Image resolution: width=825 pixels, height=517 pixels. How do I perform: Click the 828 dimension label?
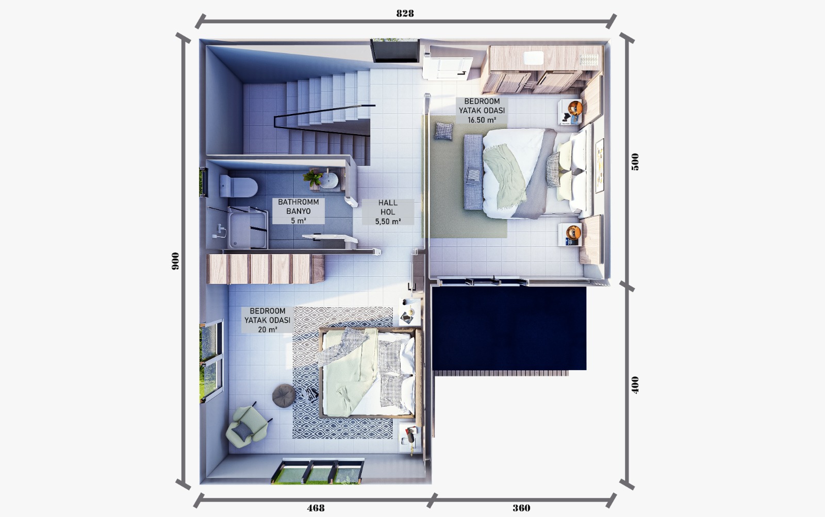pyautogui.click(x=405, y=13)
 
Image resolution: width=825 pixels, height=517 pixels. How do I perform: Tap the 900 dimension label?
pyautogui.click(x=175, y=261)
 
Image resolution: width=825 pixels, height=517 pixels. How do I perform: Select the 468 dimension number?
pyautogui.click(x=316, y=508)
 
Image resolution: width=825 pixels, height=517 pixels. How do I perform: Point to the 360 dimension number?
pyautogui.click(x=521, y=508)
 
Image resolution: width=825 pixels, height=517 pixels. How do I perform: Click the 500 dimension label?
pyautogui.click(x=635, y=162)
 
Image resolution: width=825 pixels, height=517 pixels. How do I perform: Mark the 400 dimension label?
pyautogui.click(x=635, y=385)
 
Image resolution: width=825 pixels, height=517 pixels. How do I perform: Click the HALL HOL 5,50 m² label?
pyautogui.click(x=388, y=212)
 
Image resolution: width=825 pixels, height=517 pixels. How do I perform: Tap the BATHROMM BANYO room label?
pyautogui.click(x=299, y=211)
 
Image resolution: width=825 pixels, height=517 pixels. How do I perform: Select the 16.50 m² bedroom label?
pyautogui.click(x=482, y=110)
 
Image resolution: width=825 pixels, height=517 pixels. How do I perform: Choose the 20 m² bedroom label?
pyautogui.click(x=268, y=320)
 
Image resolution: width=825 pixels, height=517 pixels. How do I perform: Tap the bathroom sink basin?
pyautogui.click(x=328, y=180)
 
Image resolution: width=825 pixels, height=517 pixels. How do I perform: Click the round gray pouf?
pyautogui.click(x=284, y=395)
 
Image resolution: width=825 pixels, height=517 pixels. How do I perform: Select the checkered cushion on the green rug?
pyautogui.click(x=443, y=131)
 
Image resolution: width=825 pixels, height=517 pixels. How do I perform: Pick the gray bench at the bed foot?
pyautogui.click(x=474, y=172)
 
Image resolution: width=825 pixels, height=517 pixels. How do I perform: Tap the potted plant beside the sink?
pyautogui.click(x=312, y=178)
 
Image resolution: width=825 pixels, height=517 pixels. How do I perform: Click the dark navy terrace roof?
pyautogui.click(x=509, y=328)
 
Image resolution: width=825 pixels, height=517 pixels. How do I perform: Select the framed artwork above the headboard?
pyautogui.click(x=600, y=165)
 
